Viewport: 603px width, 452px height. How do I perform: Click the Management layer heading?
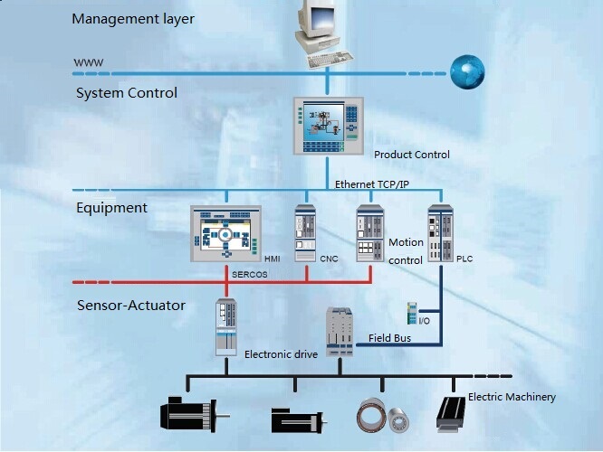132,18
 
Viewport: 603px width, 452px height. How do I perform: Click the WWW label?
88,62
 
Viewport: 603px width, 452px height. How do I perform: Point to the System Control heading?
127,93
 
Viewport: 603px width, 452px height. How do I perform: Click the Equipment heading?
111,208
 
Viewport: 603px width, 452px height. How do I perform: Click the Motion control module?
370,234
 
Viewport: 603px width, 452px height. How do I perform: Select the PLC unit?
440,233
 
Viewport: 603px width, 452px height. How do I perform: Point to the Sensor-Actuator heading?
131,306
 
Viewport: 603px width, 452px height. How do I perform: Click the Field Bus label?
392,338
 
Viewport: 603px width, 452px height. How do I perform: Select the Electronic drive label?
281,354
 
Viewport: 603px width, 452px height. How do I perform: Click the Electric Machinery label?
512,397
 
